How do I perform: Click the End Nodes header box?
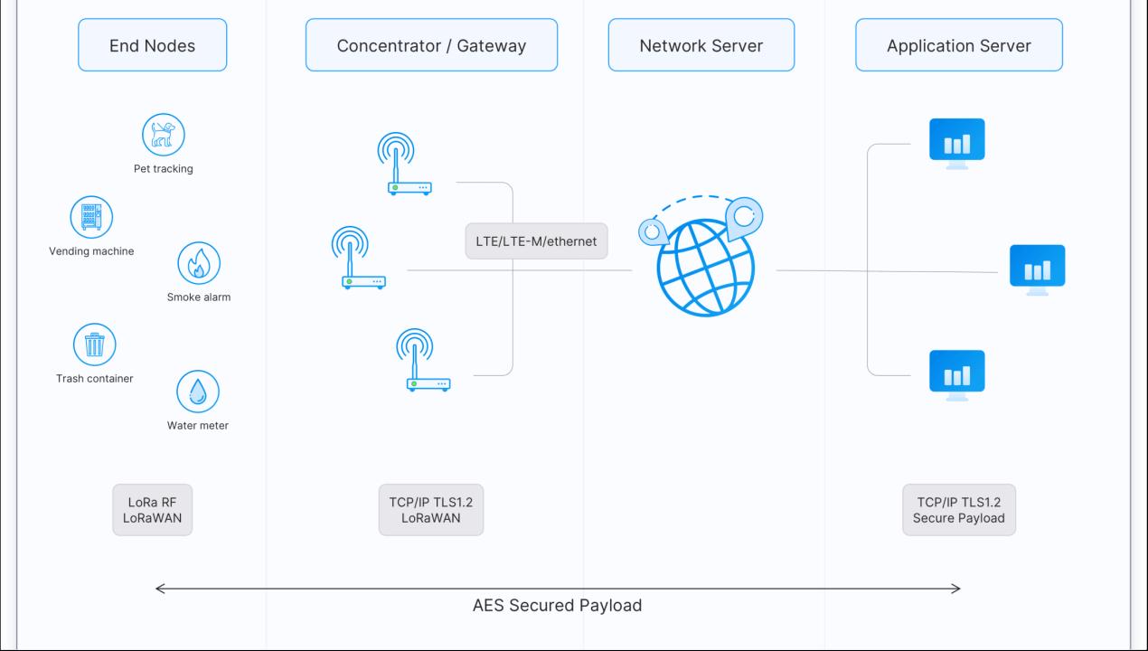(x=152, y=45)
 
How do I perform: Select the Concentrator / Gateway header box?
(x=431, y=45)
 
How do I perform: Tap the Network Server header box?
(x=701, y=45)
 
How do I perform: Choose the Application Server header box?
(x=958, y=45)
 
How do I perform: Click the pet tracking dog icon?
(x=164, y=135)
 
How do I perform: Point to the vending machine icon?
(x=91, y=217)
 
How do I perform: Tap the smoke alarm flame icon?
(x=199, y=263)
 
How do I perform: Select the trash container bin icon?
(x=94, y=344)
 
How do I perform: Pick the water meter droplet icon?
(x=198, y=392)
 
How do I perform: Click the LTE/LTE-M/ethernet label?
(x=536, y=241)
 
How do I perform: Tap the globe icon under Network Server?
(x=704, y=263)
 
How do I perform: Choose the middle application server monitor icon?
(x=1037, y=269)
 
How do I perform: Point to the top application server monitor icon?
(x=956, y=143)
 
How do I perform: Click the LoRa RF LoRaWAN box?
(x=152, y=510)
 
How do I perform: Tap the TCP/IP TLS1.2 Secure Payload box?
(x=958, y=510)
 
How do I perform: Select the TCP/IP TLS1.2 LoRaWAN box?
(x=430, y=510)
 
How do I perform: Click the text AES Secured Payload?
(x=557, y=606)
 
